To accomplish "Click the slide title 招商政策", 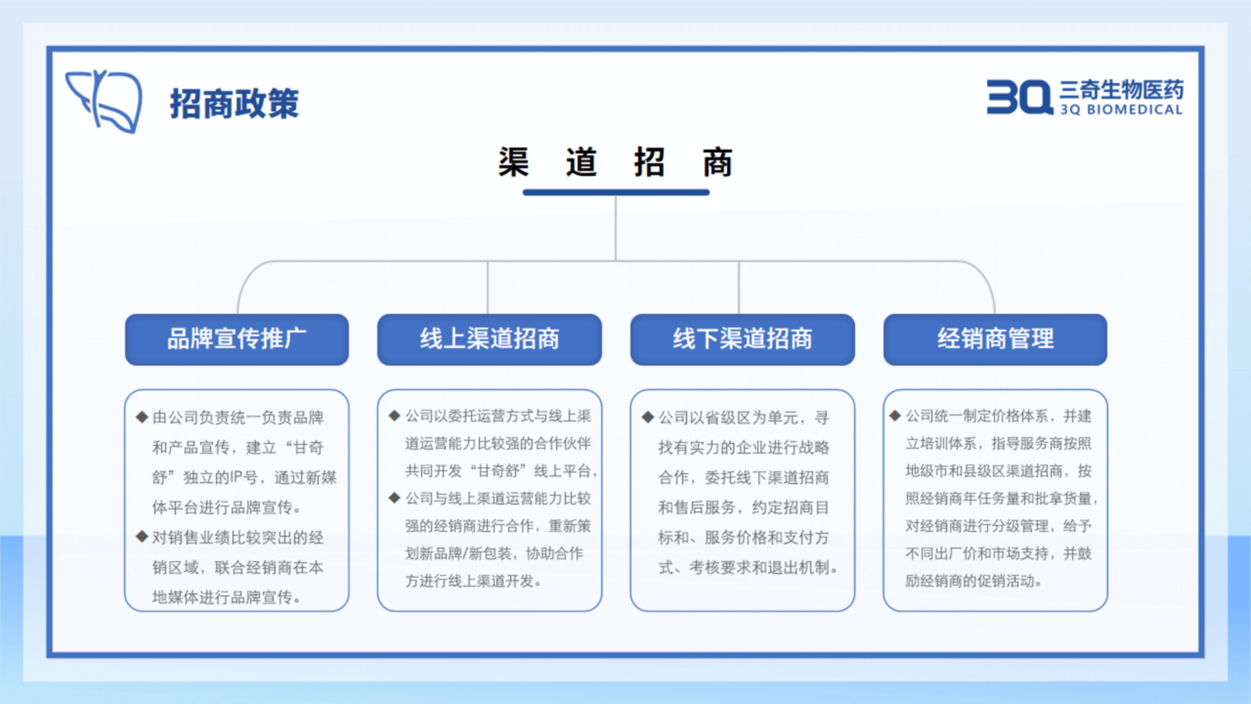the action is (x=234, y=104).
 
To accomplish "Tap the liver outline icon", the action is (x=104, y=101).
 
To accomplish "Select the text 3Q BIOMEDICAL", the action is (x=1121, y=109).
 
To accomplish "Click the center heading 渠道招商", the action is (x=615, y=162).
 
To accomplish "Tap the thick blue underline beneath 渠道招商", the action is (x=616, y=192).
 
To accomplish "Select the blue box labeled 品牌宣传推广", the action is (x=237, y=339).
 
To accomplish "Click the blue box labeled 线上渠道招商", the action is (x=490, y=339).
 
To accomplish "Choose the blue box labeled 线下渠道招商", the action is (x=742, y=339).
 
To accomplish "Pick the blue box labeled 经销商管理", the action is (x=995, y=339).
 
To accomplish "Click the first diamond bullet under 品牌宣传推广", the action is (x=142, y=417).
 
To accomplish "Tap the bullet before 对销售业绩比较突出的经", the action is (x=142, y=536).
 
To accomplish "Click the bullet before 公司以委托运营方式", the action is (x=394, y=416).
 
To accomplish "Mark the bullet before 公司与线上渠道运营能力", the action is (x=394, y=497).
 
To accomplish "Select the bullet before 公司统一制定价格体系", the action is (x=895, y=416).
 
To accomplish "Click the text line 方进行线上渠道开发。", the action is (x=473, y=580).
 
